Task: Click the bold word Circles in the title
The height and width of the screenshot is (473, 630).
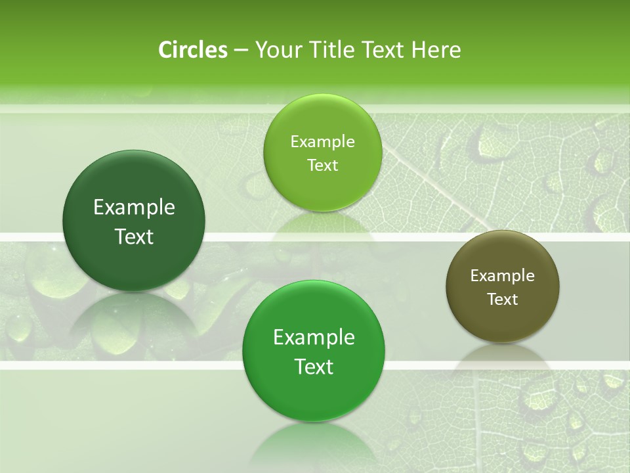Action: click(x=193, y=50)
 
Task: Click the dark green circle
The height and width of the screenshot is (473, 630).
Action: click(x=134, y=221)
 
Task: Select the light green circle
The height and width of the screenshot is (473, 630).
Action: click(x=322, y=152)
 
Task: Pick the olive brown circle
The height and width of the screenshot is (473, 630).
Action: click(x=503, y=286)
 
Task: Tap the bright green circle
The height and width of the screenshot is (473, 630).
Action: click(x=314, y=351)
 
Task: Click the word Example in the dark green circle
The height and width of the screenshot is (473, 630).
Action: click(x=134, y=208)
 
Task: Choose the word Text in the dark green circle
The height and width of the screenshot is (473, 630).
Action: click(x=134, y=236)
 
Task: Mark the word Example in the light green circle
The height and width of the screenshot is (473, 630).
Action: click(x=322, y=141)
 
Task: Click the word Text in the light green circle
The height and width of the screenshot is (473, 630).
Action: click(x=322, y=165)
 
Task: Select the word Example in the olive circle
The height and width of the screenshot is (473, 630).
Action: click(x=503, y=275)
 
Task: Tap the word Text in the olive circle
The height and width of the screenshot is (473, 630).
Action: click(x=503, y=299)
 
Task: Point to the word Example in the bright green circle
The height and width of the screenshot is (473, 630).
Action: click(x=314, y=338)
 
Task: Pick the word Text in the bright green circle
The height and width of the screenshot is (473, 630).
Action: click(x=314, y=367)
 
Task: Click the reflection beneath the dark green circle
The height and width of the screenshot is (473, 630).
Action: click(x=134, y=322)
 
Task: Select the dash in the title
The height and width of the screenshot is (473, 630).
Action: click(x=240, y=50)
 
